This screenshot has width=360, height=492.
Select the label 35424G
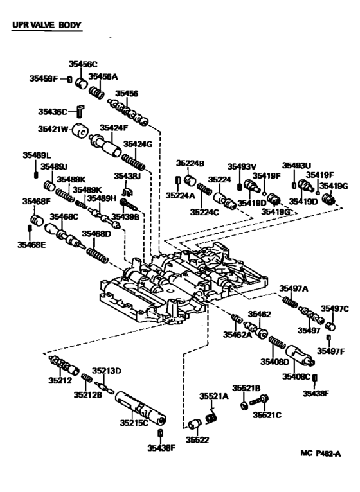(x=138, y=145)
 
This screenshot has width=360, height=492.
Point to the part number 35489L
(x=36, y=155)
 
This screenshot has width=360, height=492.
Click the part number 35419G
(x=335, y=186)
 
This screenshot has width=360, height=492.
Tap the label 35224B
(x=190, y=163)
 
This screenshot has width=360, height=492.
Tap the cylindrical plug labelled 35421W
(x=81, y=130)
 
